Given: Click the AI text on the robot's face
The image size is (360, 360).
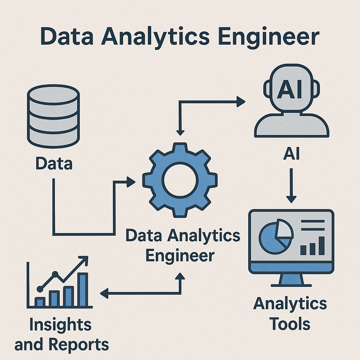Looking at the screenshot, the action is (x=289, y=90).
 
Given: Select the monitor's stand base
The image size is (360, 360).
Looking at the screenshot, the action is (x=291, y=284).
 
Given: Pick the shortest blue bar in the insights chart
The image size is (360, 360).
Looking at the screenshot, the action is (x=40, y=302).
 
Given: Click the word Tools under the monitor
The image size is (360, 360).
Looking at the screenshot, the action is (x=290, y=324).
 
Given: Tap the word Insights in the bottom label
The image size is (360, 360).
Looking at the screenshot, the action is (x=60, y=325).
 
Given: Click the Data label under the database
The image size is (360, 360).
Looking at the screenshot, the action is (x=54, y=164).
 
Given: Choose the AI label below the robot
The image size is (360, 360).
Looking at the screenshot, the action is (x=291, y=155).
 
